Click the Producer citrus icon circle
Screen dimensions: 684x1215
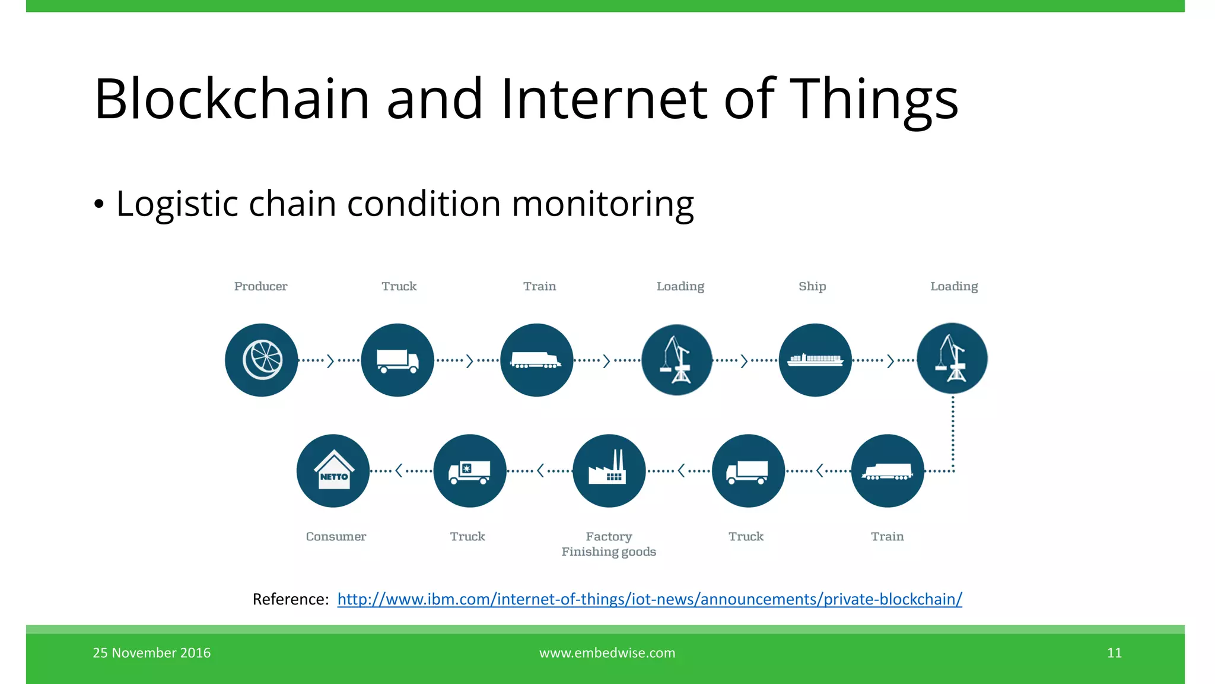coord(262,360)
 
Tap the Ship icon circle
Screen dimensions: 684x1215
coord(815,360)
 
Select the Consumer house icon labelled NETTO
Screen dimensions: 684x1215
coord(333,471)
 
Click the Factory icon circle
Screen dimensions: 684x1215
coord(609,471)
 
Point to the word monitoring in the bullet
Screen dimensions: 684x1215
coord(602,204)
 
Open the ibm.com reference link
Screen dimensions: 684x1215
coord(650,599)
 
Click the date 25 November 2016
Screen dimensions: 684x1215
coord(152,653)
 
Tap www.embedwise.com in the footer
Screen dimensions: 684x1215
coord(607,653)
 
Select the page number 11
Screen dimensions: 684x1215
coord(1114,653)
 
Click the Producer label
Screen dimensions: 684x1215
coord(260,286)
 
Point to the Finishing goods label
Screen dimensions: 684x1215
coord(609,552)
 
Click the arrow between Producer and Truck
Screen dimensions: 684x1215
coord(330,360)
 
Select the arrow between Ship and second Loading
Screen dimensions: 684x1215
coord(890,360)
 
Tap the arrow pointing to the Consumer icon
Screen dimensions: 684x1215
coord(399,471)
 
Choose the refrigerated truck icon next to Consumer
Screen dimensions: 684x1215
coord(470,471)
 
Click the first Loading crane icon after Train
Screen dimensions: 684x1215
coord(677,360)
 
